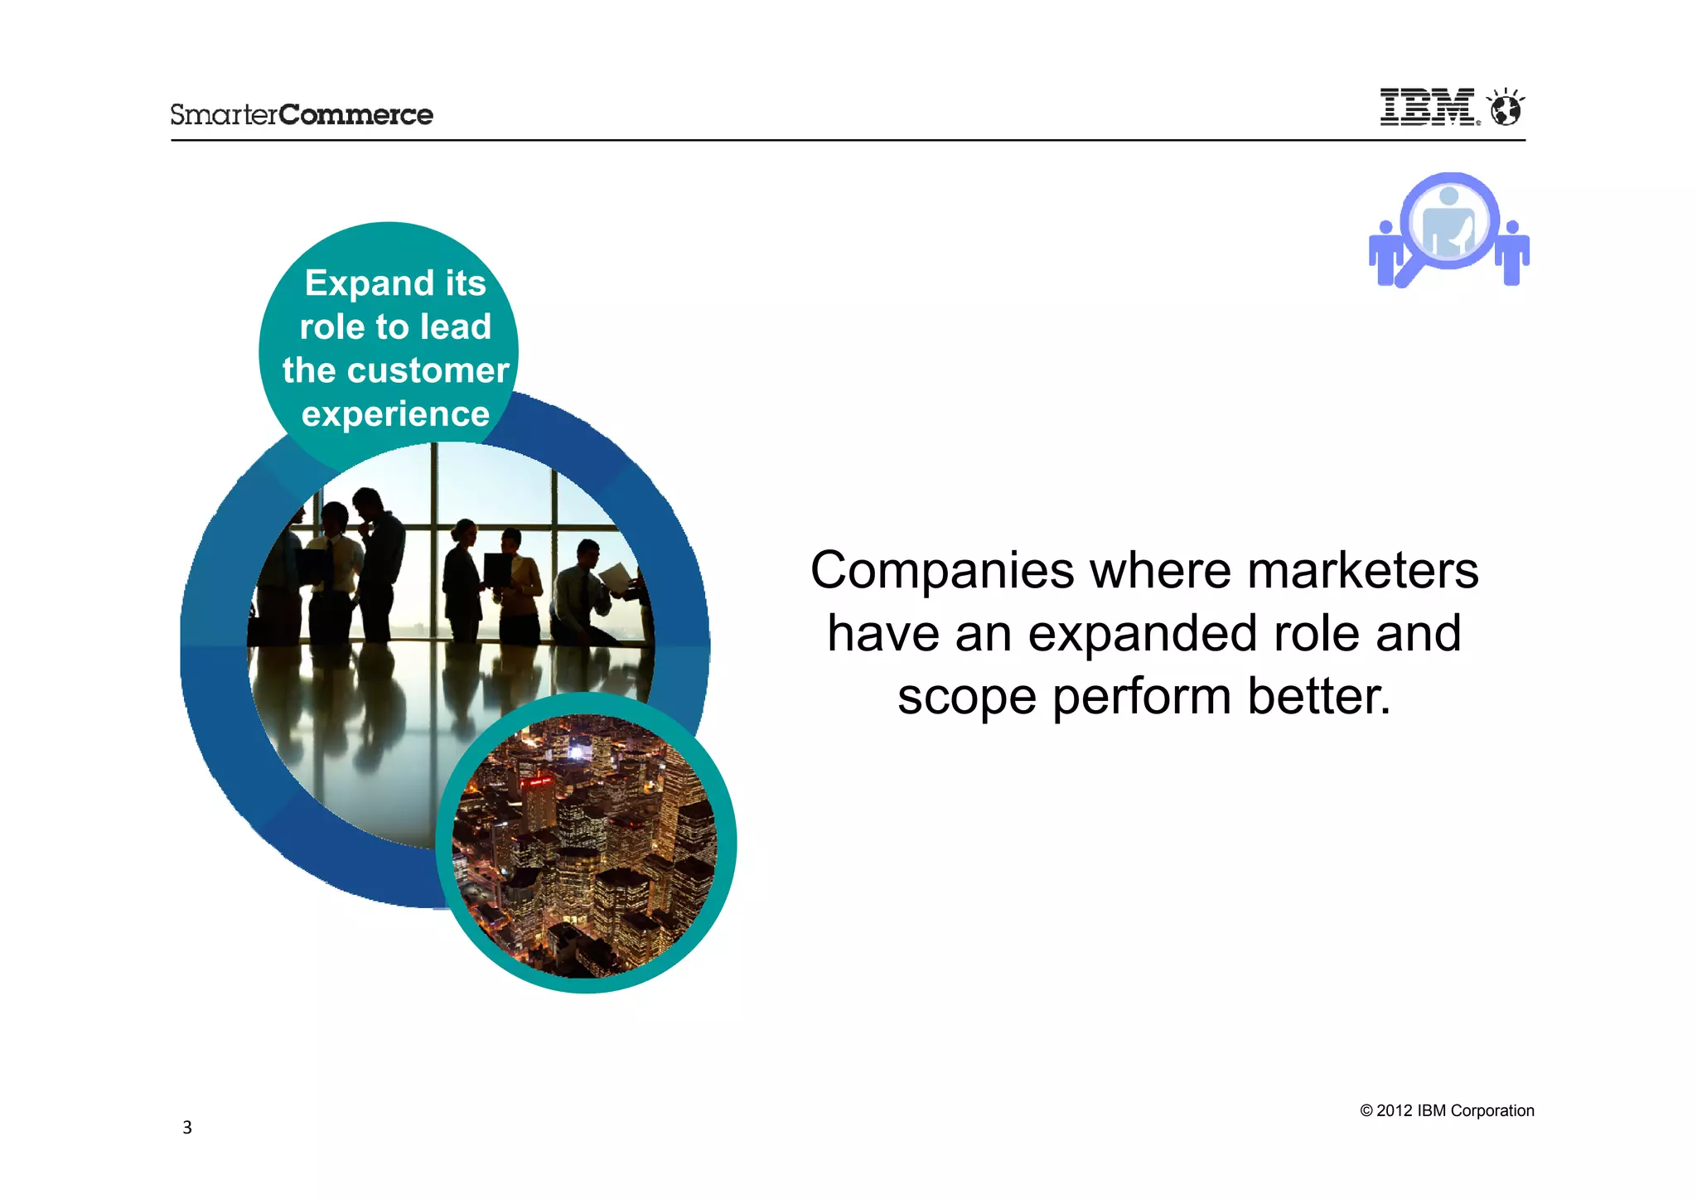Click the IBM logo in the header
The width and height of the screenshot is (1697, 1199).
[1427, 108]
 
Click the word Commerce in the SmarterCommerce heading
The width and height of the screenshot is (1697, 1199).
[355, 114]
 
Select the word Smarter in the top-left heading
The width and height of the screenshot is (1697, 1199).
[224, 114]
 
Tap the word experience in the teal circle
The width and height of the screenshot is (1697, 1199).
[395, 413]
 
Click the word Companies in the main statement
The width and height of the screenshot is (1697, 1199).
[942, 572]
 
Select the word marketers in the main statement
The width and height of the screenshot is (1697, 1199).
[1362, 572]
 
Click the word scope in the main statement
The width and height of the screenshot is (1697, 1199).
[966, 698]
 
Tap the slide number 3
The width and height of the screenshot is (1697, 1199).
[187, 1128]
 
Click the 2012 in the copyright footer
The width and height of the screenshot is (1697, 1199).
[1394, 1111]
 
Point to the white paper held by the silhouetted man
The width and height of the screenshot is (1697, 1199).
[616, 577]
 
